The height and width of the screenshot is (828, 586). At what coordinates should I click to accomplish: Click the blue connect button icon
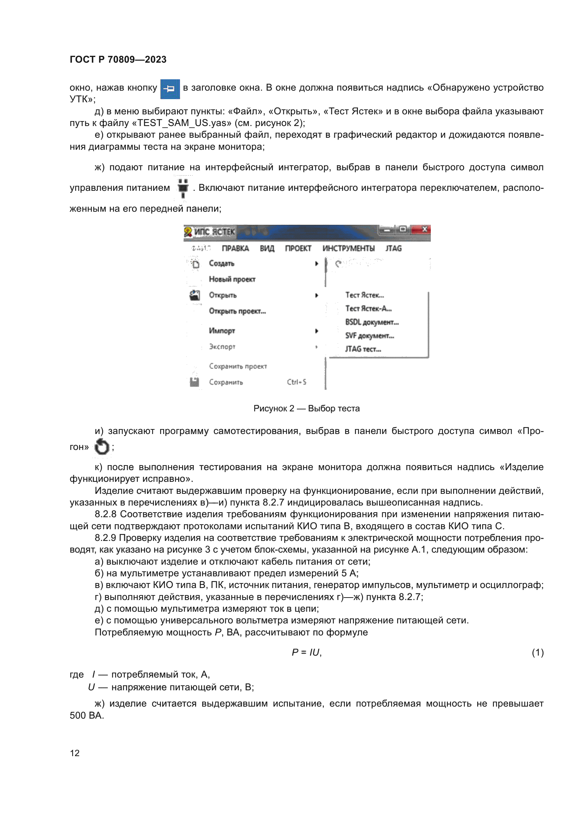pos(170,89)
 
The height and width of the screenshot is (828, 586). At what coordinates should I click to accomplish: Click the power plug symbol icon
pos(183,188)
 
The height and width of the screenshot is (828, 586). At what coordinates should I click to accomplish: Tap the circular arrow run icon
pos(102,447)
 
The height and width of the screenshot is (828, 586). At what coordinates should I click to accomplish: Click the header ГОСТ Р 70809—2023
pos(118,59)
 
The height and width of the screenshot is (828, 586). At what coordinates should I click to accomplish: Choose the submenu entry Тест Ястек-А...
pos(368,309)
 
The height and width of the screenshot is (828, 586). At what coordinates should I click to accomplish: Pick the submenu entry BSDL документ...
pos(372,322)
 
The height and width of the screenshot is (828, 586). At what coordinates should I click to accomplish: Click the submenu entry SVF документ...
pos(369,336)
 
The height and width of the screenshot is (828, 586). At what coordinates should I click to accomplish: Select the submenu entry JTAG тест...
pos(363,349)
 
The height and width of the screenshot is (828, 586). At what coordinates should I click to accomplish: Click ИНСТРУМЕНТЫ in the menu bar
pos(348,249)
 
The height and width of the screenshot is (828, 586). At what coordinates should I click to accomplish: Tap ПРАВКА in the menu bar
pos(235,249)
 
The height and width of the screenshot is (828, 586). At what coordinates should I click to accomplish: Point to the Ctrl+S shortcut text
pos(297,382)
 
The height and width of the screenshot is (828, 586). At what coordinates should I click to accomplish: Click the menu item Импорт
pos(222,331)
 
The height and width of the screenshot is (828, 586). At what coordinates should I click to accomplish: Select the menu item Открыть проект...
pos(237,311)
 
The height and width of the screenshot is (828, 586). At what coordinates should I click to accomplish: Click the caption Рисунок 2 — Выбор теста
pos(306,409)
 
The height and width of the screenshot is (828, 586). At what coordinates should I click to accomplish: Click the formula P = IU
pos(306,652)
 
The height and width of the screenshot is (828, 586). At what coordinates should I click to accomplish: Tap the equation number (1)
pos(537,652)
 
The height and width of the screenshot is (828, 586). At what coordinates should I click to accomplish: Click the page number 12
pos(75,753)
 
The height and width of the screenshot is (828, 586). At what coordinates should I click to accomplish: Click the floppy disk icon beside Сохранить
pos(195,382)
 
